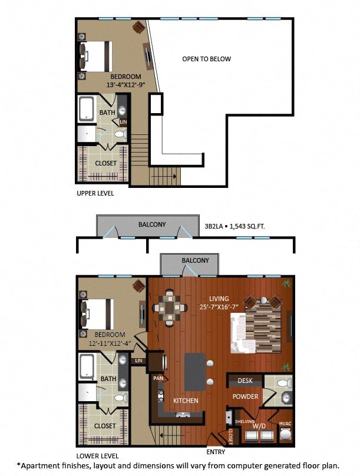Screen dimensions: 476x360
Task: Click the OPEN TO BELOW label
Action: (206, 59)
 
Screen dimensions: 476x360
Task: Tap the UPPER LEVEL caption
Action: (95, 193)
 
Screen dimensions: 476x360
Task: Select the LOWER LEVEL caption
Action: (97, 456)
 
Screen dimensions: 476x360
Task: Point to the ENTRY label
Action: (216, 452)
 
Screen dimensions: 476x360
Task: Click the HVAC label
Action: (285, 424)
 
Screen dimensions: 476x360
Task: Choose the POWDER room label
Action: (245, 397)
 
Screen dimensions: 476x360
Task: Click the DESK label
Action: (245, 381)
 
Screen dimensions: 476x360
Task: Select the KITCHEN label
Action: (186, 401)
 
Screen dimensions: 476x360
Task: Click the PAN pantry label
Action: (157, 378)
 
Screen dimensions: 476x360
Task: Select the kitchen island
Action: (195, 371)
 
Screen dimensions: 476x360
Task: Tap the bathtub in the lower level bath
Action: (87, 367)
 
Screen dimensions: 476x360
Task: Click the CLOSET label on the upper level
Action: (106, 163)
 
